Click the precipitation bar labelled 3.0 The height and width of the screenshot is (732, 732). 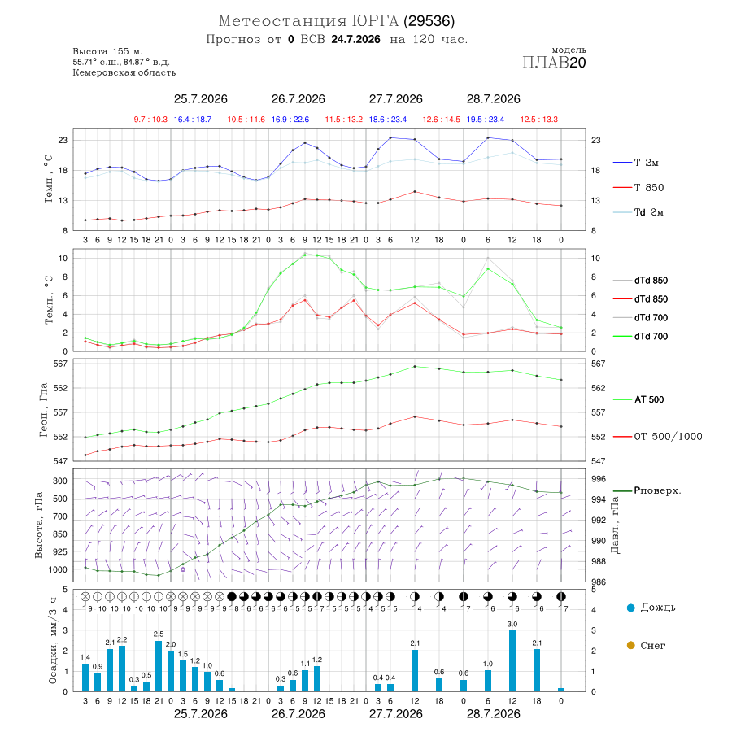click(x=512, y=660)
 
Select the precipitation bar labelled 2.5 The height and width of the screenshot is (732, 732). click(x=159, y=665)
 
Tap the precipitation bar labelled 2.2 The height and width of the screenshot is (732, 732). click(x=122, y=669)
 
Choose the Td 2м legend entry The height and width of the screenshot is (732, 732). click(x=638, y=212)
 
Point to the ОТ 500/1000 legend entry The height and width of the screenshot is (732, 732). click(x=657, y=437)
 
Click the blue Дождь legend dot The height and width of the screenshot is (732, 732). click(x=630, y=608)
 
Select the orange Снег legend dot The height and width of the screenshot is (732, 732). click(x=630, y=646)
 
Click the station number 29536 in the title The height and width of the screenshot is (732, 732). click(x=429, y=21)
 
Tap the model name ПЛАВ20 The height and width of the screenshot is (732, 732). click(x=554, y=63)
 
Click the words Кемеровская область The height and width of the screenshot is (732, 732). click(x=124, y=73)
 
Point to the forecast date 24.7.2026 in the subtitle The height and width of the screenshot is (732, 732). click(x=355, y=39)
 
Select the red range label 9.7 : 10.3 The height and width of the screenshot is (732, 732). click(x=150, y=120)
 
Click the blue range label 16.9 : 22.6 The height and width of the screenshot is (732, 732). click(x=290, y=120)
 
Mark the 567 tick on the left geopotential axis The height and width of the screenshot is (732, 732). click(x=61, y=364)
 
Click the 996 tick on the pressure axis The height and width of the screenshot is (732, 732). click(x=598, y=479)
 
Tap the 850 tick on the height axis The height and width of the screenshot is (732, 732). click(x=59, y=534)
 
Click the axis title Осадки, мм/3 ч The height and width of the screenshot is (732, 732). click(x=53, y=641)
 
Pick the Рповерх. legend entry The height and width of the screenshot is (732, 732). click(x=647, y=490)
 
